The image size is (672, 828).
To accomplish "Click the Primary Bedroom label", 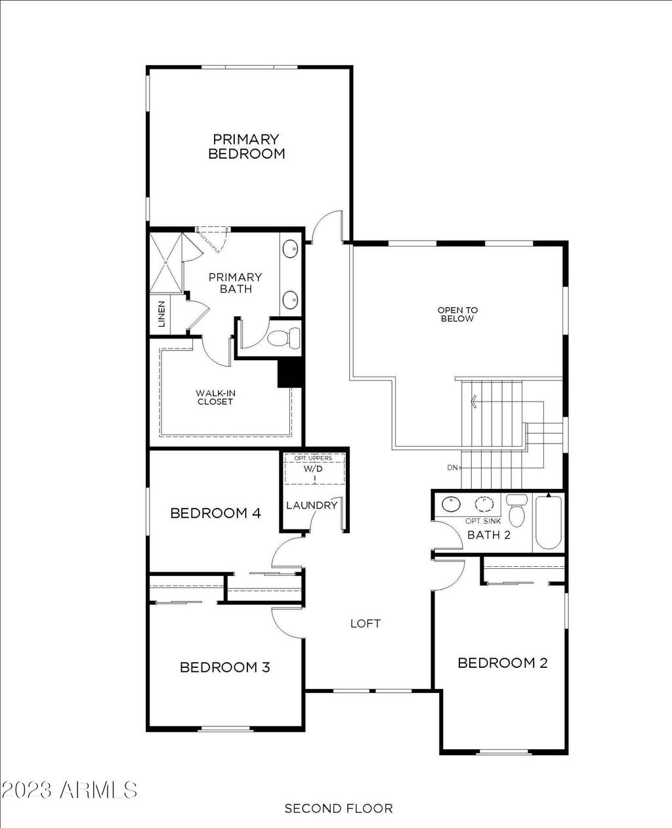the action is coord(247,146).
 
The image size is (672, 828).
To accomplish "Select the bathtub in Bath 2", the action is coord(549,522).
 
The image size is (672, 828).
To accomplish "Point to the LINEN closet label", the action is coord(161,314).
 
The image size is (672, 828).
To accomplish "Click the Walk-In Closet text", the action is coord(215,398).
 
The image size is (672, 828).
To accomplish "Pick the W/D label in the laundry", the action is coord(313,469).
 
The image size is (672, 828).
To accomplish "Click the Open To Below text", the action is coord(457,314).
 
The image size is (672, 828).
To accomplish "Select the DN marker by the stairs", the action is coord(453,468).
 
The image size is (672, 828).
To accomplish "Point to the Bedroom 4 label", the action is coord(215,513).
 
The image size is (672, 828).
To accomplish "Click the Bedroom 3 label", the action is coord(225,667).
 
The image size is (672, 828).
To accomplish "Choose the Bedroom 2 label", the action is coord(503,663).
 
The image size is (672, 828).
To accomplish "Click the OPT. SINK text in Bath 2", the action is coord(484,521).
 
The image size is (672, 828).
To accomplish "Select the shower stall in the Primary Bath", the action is coord(166,263).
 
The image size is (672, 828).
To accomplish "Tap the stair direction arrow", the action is coord(474,401).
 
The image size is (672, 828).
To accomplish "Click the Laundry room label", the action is coord(312,505).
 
